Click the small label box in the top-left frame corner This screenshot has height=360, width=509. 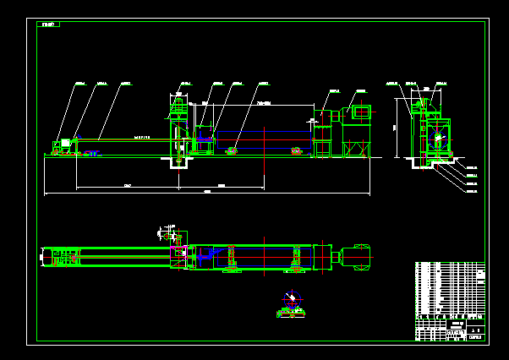tap(48, 25)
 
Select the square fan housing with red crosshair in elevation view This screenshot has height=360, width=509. tap(361, 112)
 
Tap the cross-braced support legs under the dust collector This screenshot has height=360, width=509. tap(356, 150)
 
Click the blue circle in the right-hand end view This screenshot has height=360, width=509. tap(438, 137)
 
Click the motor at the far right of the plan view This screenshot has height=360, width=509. tap(358, 255)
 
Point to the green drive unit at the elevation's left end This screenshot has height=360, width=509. tap(63, 146)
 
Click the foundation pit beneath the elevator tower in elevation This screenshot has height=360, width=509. tap(178, 161)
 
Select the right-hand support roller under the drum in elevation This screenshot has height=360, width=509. tap(296, 151)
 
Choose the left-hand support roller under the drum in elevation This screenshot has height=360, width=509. tap(231, 151)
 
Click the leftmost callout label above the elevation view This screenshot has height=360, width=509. tap(80, 84)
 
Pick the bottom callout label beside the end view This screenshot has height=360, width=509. tap(471, 192)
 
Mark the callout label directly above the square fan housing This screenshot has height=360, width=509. tap(361, 90)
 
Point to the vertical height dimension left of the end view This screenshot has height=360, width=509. tap(397, 127)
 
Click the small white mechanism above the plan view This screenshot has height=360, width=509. tap(169, 230)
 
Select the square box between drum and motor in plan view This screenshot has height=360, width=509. tap(322, 257)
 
